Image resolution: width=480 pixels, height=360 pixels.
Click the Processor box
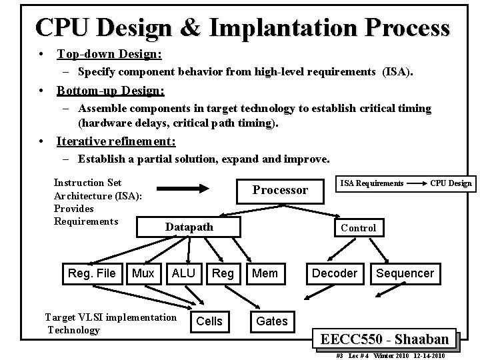280,191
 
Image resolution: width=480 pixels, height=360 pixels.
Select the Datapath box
189,227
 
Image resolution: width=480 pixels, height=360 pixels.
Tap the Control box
358,228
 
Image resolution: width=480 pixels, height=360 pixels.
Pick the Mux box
143,273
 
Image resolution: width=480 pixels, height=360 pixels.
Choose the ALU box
183,273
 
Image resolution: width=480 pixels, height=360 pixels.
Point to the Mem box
266,273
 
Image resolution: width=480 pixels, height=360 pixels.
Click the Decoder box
335,273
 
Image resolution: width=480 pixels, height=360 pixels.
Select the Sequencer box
405,273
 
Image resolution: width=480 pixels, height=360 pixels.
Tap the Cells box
210,321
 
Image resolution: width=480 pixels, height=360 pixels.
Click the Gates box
272,321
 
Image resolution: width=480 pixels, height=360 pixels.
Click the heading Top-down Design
109,53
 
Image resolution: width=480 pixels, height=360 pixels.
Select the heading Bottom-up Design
111,89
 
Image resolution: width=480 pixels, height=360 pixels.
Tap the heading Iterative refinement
117,141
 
